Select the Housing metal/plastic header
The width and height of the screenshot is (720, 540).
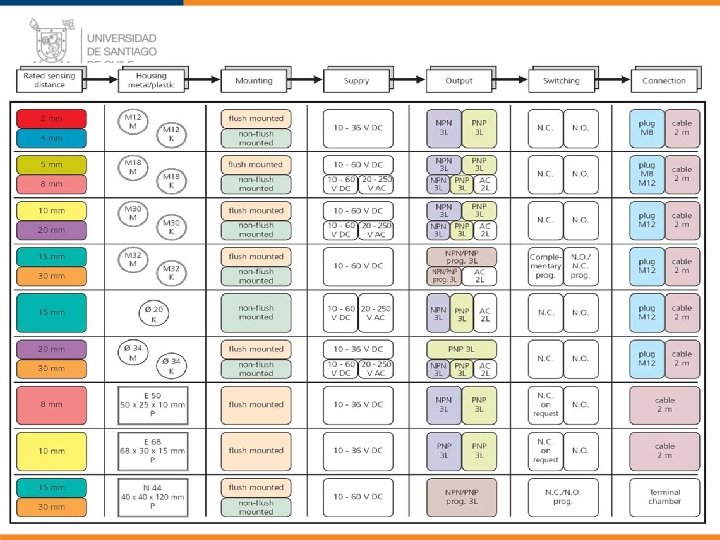point(152,80)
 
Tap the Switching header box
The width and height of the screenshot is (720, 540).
point(560,80)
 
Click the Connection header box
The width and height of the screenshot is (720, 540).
point(664,80)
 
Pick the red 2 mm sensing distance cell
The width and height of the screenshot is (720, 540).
point(51,118)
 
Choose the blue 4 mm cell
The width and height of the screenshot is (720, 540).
point(51,138)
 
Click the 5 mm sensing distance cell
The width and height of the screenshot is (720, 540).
point(51,164)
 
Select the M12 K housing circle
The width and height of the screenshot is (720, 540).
point(171,133)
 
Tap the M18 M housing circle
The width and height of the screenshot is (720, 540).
point(133,165)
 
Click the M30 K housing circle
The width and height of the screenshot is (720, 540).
point(171,226)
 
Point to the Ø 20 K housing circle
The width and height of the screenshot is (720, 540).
point(152,312)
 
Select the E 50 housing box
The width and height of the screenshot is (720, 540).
point(152,404)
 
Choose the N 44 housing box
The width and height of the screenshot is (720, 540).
point(152,496)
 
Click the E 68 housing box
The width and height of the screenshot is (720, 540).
point(152,450)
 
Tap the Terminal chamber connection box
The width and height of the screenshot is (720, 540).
point(664,496)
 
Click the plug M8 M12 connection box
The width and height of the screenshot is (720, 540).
point(647,173)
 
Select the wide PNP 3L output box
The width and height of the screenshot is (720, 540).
point(461,349)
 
